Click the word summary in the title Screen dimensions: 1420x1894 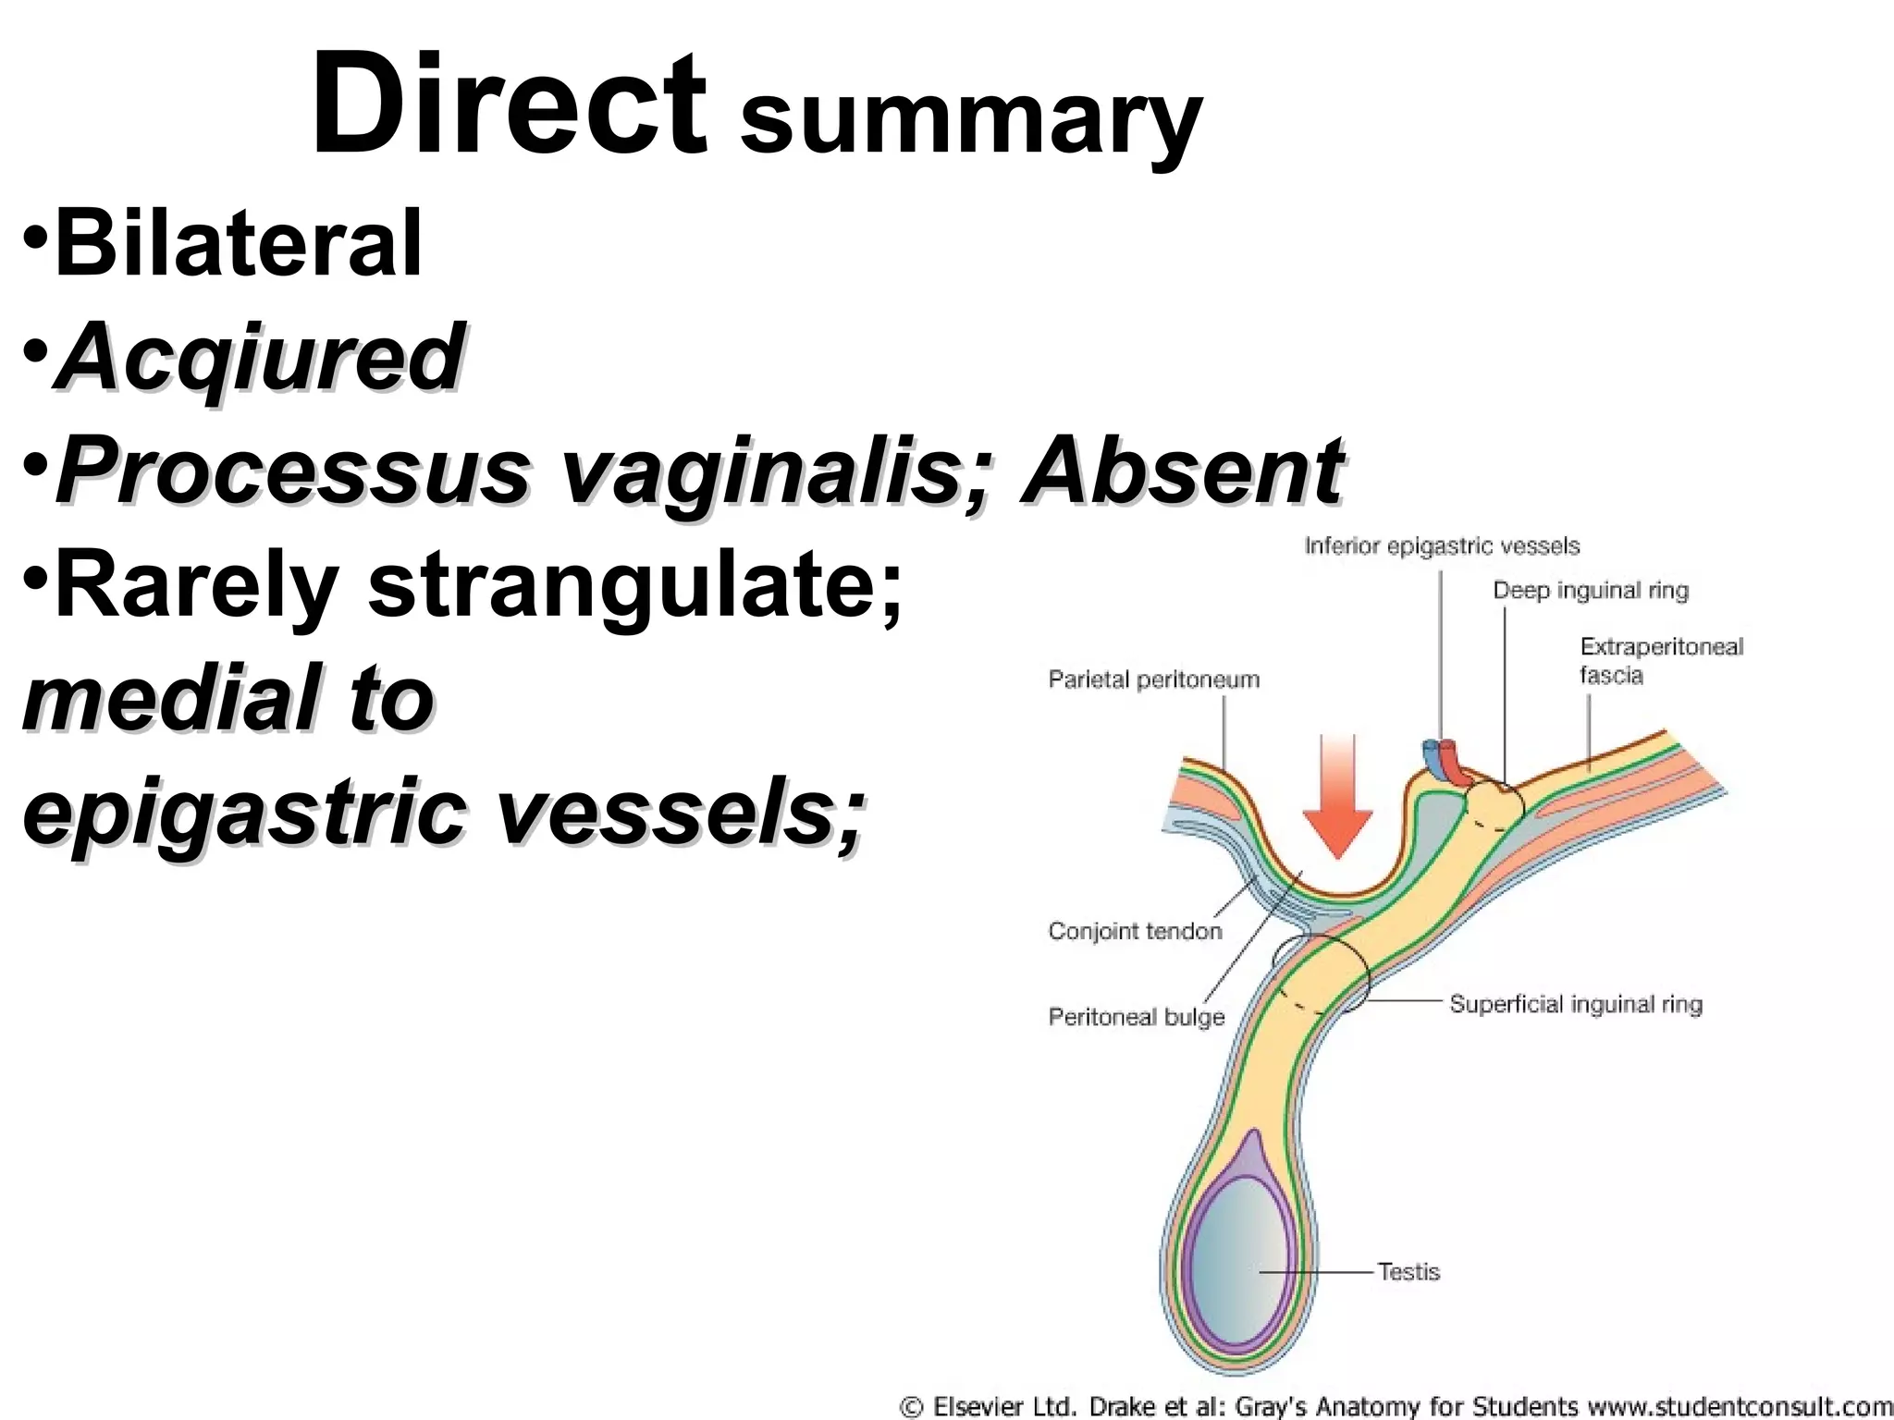click(x=971, y=125)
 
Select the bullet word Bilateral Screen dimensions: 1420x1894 click(x=239, y=243)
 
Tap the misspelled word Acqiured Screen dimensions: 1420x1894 click(x=259, y=357)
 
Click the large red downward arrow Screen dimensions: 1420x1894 click(x=1337, y=795)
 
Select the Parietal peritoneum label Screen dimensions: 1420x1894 click(x=1153, y=679)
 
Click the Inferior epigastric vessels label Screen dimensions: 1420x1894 click(x=1442, y=546)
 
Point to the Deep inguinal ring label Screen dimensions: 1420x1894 click(x=1591, y=591)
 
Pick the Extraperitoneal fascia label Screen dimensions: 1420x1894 click(x=1661, y=660)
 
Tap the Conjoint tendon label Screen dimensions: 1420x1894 click(x=1135, y=931)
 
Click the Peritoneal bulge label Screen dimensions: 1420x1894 click(x=1136, y=1017)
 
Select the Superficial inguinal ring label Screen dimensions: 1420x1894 click(x=1575, y=1004)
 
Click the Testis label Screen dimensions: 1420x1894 click(x=1408, y=1272)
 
